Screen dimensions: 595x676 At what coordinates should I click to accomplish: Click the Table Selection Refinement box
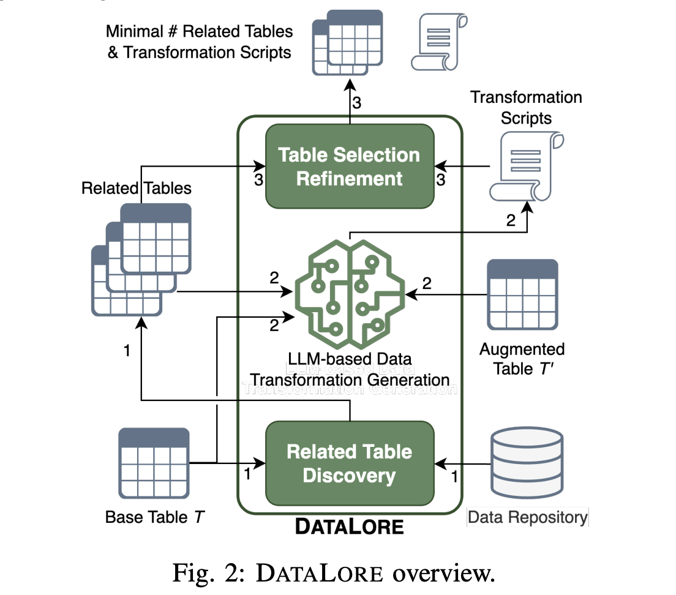(350, 166)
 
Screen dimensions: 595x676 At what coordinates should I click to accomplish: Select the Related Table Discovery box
(350, 463)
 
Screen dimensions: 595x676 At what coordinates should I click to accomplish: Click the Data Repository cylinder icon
(527, 463)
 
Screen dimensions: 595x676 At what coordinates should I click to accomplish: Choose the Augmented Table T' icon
(522, 294)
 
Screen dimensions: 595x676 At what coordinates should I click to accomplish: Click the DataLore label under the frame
(350, 526)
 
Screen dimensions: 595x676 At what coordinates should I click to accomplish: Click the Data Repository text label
(527, 517)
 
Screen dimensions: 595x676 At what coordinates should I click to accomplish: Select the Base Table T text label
(155, 517)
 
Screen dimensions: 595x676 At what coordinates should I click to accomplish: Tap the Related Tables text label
(136, 188)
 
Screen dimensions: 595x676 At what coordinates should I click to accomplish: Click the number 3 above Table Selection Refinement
(357, 102)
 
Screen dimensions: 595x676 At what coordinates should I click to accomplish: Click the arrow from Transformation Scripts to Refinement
(464, 166)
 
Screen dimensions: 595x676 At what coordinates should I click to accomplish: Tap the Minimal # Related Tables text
(200, 42)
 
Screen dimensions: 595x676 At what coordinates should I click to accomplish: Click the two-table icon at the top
(348, 42)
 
